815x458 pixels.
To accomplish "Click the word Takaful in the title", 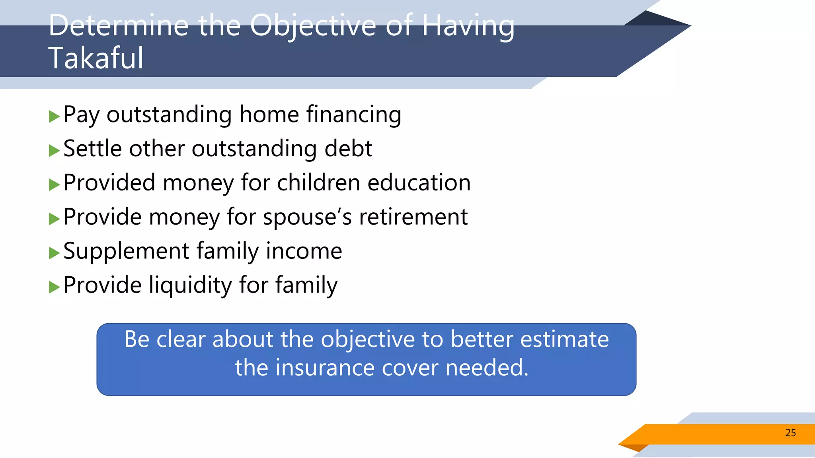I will click(x=96, y=58).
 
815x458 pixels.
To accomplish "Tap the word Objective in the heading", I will click(x=313, y=26).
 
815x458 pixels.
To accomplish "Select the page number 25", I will click(x=790, y=433).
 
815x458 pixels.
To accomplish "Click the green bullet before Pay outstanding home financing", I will click(x=54, y=117).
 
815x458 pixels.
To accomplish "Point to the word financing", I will click(x=353, y=115).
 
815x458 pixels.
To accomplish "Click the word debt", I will click(x=348, y=149).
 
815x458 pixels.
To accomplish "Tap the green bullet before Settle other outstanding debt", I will click(x=54, y=151).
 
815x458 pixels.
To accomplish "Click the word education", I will click(x=419, y=183).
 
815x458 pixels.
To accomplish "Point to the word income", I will click(x=304, y=251).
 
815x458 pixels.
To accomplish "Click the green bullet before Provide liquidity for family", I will click(x=54, y=287).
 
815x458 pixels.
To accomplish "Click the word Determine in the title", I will click(x=119, y=26).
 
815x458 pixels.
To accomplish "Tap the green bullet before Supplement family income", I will click(x=54, y=253).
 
